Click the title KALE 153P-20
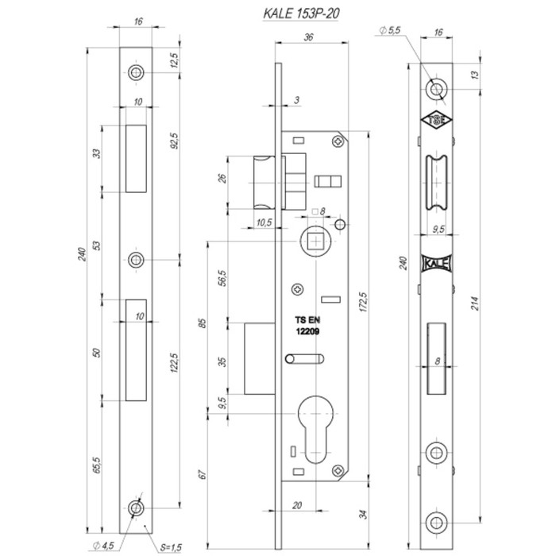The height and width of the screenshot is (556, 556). coord(301,14)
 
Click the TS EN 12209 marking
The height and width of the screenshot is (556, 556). coord(307,326)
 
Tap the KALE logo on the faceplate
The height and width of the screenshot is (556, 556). coord(437,264)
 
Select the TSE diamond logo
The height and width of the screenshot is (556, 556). coord(436,121)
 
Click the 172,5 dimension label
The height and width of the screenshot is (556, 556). coord(363,302)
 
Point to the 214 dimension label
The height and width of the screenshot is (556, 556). coord(475,303)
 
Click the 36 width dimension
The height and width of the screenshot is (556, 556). coord(308,37)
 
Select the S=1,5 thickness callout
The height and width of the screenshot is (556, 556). coord(171,547)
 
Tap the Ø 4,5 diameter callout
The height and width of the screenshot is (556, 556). coord(103,546)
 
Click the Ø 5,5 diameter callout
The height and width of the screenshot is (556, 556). coord(389,30)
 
